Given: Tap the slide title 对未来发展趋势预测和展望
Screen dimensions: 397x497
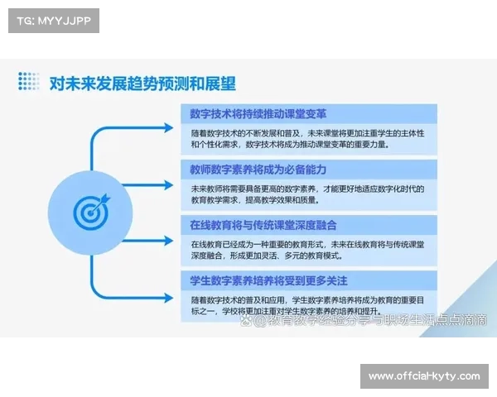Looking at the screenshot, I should tap(142, 83).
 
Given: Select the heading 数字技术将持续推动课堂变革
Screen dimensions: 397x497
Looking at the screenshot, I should tap(247, 113).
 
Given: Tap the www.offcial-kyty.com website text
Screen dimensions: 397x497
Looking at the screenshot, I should tap(424, 376).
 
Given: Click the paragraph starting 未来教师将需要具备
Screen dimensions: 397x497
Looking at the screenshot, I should tap(306, 194).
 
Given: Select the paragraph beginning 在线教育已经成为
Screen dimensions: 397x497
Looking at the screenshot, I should tap(306, 250).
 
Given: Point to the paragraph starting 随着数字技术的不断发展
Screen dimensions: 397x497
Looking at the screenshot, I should tap(306, 138).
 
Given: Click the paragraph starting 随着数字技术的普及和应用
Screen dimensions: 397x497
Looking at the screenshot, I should tap(306, 304).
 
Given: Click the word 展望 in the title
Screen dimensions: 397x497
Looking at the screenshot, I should tap(219, 83).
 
